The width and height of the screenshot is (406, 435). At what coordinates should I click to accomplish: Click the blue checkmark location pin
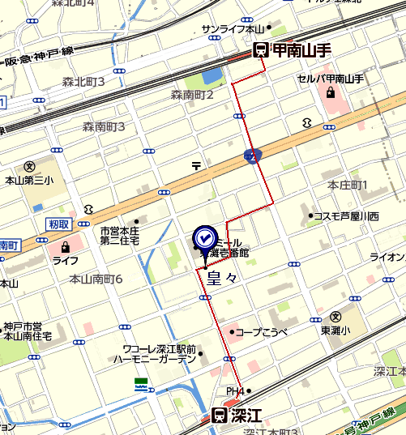203,240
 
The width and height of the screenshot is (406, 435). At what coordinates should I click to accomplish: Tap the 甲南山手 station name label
301,50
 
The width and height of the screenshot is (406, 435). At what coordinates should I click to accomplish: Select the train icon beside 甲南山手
261,50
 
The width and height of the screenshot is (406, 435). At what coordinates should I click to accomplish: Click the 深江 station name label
246,416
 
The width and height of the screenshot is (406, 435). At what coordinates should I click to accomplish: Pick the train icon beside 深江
218,416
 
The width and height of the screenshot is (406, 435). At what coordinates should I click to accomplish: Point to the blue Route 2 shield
253,155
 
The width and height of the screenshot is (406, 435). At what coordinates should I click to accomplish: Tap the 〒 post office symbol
196,166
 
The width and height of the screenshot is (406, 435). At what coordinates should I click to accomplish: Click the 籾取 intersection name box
58,224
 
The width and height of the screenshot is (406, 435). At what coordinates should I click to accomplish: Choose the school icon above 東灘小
335,316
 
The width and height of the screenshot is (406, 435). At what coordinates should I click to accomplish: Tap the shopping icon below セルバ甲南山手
330,93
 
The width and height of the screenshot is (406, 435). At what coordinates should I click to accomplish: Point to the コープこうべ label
263,331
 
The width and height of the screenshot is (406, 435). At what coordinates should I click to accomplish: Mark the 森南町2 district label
192,95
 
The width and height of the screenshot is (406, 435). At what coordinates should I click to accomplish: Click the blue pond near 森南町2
212,77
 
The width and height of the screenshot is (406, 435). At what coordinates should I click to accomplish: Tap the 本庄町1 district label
348,186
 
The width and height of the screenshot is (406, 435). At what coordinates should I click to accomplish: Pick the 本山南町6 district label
96,279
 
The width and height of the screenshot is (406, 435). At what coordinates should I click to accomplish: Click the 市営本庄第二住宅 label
120,235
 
